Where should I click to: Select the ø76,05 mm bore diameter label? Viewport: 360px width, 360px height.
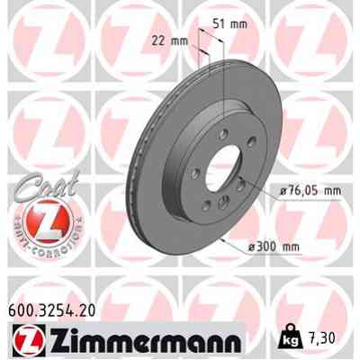[305, 191]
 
